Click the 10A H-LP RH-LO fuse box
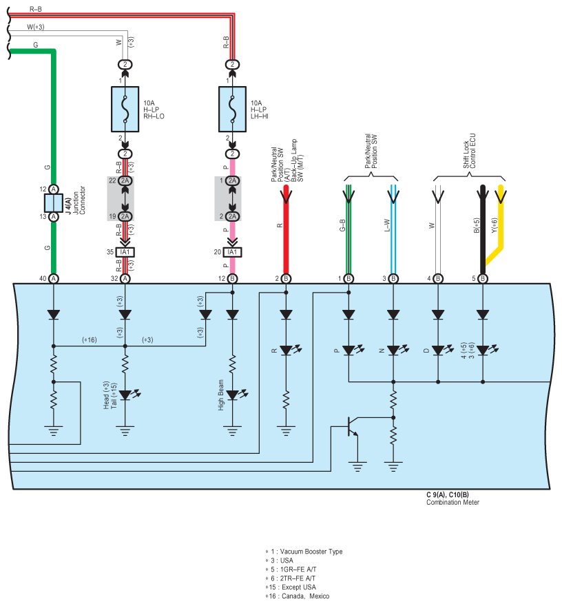pos(125,109)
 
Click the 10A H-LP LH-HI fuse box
pos(232,109)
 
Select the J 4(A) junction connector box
pos(54,203)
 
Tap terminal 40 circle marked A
pos(54,279)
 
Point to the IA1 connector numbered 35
pos(125,252)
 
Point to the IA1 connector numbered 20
pos(232,252)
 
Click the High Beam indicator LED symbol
pos(235,395)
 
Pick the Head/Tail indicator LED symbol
pos(127,395)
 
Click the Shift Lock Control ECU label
pos(469,151)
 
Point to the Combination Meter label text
pos(452,503)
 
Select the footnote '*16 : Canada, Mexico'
pos(298,596)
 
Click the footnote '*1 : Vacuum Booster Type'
pos(304,552)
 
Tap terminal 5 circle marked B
pos(483,279)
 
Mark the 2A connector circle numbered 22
pos(125,181)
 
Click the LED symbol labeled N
pos(396,350)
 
